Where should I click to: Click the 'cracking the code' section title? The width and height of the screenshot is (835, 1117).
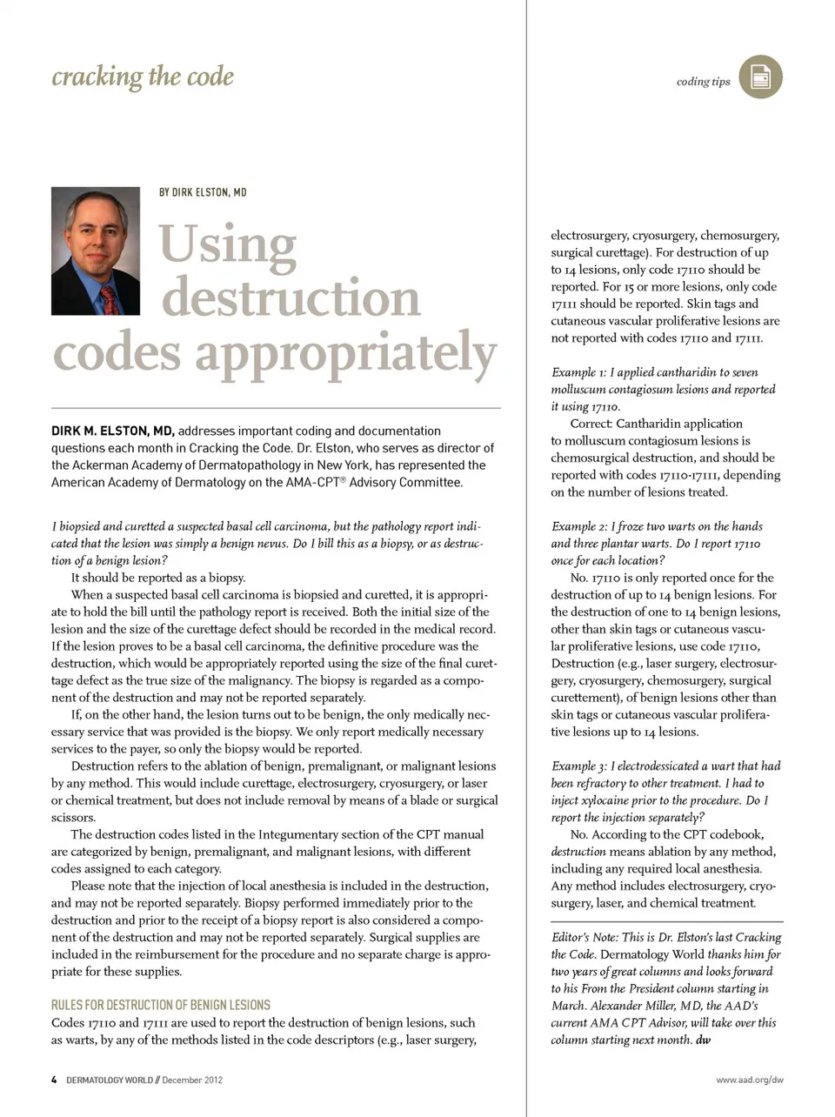143,77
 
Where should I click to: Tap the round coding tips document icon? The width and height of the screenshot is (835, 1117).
760,77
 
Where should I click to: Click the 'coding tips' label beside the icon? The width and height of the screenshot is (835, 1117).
703,82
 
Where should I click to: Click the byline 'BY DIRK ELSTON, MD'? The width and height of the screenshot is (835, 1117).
203,192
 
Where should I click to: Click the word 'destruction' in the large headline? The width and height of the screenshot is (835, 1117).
291,298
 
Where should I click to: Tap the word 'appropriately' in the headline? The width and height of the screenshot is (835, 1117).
345,353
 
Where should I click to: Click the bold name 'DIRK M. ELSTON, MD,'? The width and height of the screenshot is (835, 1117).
113,431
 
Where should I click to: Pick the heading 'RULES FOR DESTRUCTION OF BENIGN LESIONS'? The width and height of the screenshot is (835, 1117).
161,1005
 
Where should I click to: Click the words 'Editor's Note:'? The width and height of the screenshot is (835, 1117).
584,937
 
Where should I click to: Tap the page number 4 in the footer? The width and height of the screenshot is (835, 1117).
54,1080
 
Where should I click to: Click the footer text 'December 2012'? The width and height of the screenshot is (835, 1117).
192,1080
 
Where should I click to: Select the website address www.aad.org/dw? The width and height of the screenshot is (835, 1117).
749,1080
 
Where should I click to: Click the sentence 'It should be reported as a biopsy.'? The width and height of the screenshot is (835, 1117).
158,578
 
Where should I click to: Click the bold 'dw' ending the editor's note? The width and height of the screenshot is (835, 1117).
703,1040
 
